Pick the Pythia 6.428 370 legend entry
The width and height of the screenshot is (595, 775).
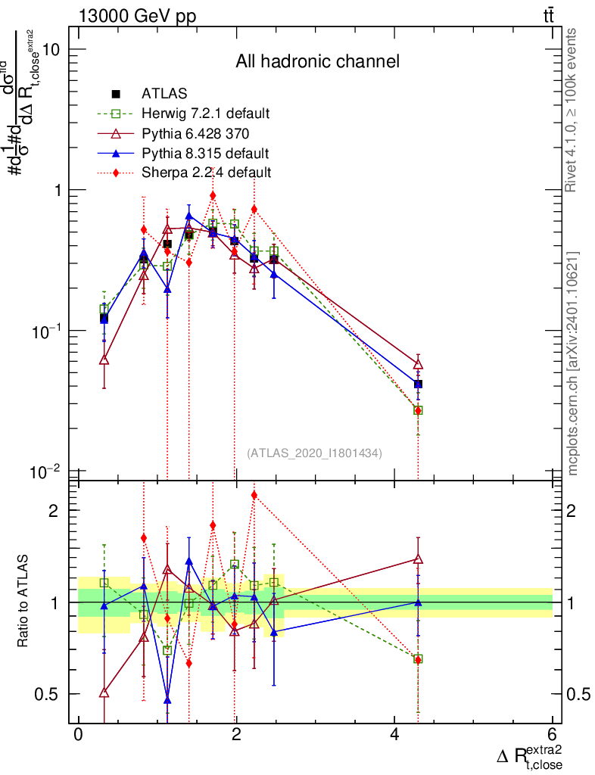pos(195,134)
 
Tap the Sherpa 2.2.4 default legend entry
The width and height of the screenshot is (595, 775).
pos(206,172)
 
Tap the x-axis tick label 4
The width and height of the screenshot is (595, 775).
pos(394,735)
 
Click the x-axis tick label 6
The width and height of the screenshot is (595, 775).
pos(553,735)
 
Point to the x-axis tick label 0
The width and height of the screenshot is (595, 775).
pos(79,735)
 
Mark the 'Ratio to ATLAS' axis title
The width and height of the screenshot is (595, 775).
pos(24,602)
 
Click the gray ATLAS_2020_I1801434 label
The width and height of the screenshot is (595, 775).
pos(314,453)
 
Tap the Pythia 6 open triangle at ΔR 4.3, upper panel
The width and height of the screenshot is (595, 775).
pos(418,364)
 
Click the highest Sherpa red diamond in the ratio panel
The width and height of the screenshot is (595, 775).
pos(254,495)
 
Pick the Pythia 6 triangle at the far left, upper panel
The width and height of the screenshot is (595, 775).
pos(104,360)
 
